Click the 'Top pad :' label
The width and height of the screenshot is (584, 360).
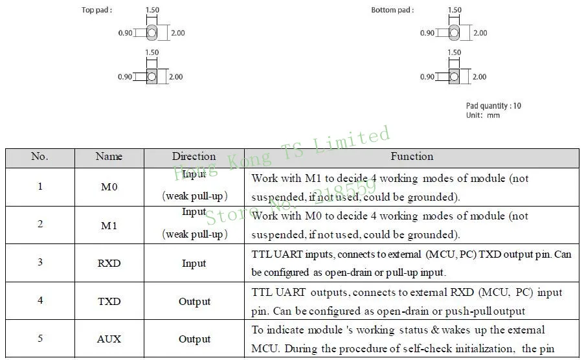[x=97, y=10]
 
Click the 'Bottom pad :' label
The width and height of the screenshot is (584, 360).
[x=392, y=10]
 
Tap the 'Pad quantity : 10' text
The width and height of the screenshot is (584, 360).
[x=493, y=106]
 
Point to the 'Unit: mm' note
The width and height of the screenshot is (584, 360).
[x=483, y=115]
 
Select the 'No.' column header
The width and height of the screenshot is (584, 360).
[x=40, y=157]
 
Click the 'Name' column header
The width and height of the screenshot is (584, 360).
[x=109, y=157]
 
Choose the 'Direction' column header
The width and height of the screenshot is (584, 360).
[x=194, y=157]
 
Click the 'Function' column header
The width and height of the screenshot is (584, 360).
[x=412, y=157]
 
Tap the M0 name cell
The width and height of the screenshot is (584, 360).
[x=109, y=187]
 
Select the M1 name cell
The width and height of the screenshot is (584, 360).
[x=109, y=225]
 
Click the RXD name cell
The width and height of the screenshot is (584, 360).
[x=109, y=264]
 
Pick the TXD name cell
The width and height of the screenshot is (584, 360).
[x=109, y=301]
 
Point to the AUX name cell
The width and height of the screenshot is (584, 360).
[x=109, y=339]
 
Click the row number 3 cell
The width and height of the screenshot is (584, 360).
[x=40, y=264]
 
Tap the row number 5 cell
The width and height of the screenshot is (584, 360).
[x=40, y=339]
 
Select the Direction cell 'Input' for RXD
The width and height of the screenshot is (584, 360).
[x=194, y=264]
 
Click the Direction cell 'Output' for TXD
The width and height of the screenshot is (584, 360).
[x=194, y=301]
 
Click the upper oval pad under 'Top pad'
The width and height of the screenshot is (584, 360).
[x=152, y=32]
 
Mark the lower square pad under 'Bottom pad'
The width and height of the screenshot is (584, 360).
[x=455, y=76]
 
